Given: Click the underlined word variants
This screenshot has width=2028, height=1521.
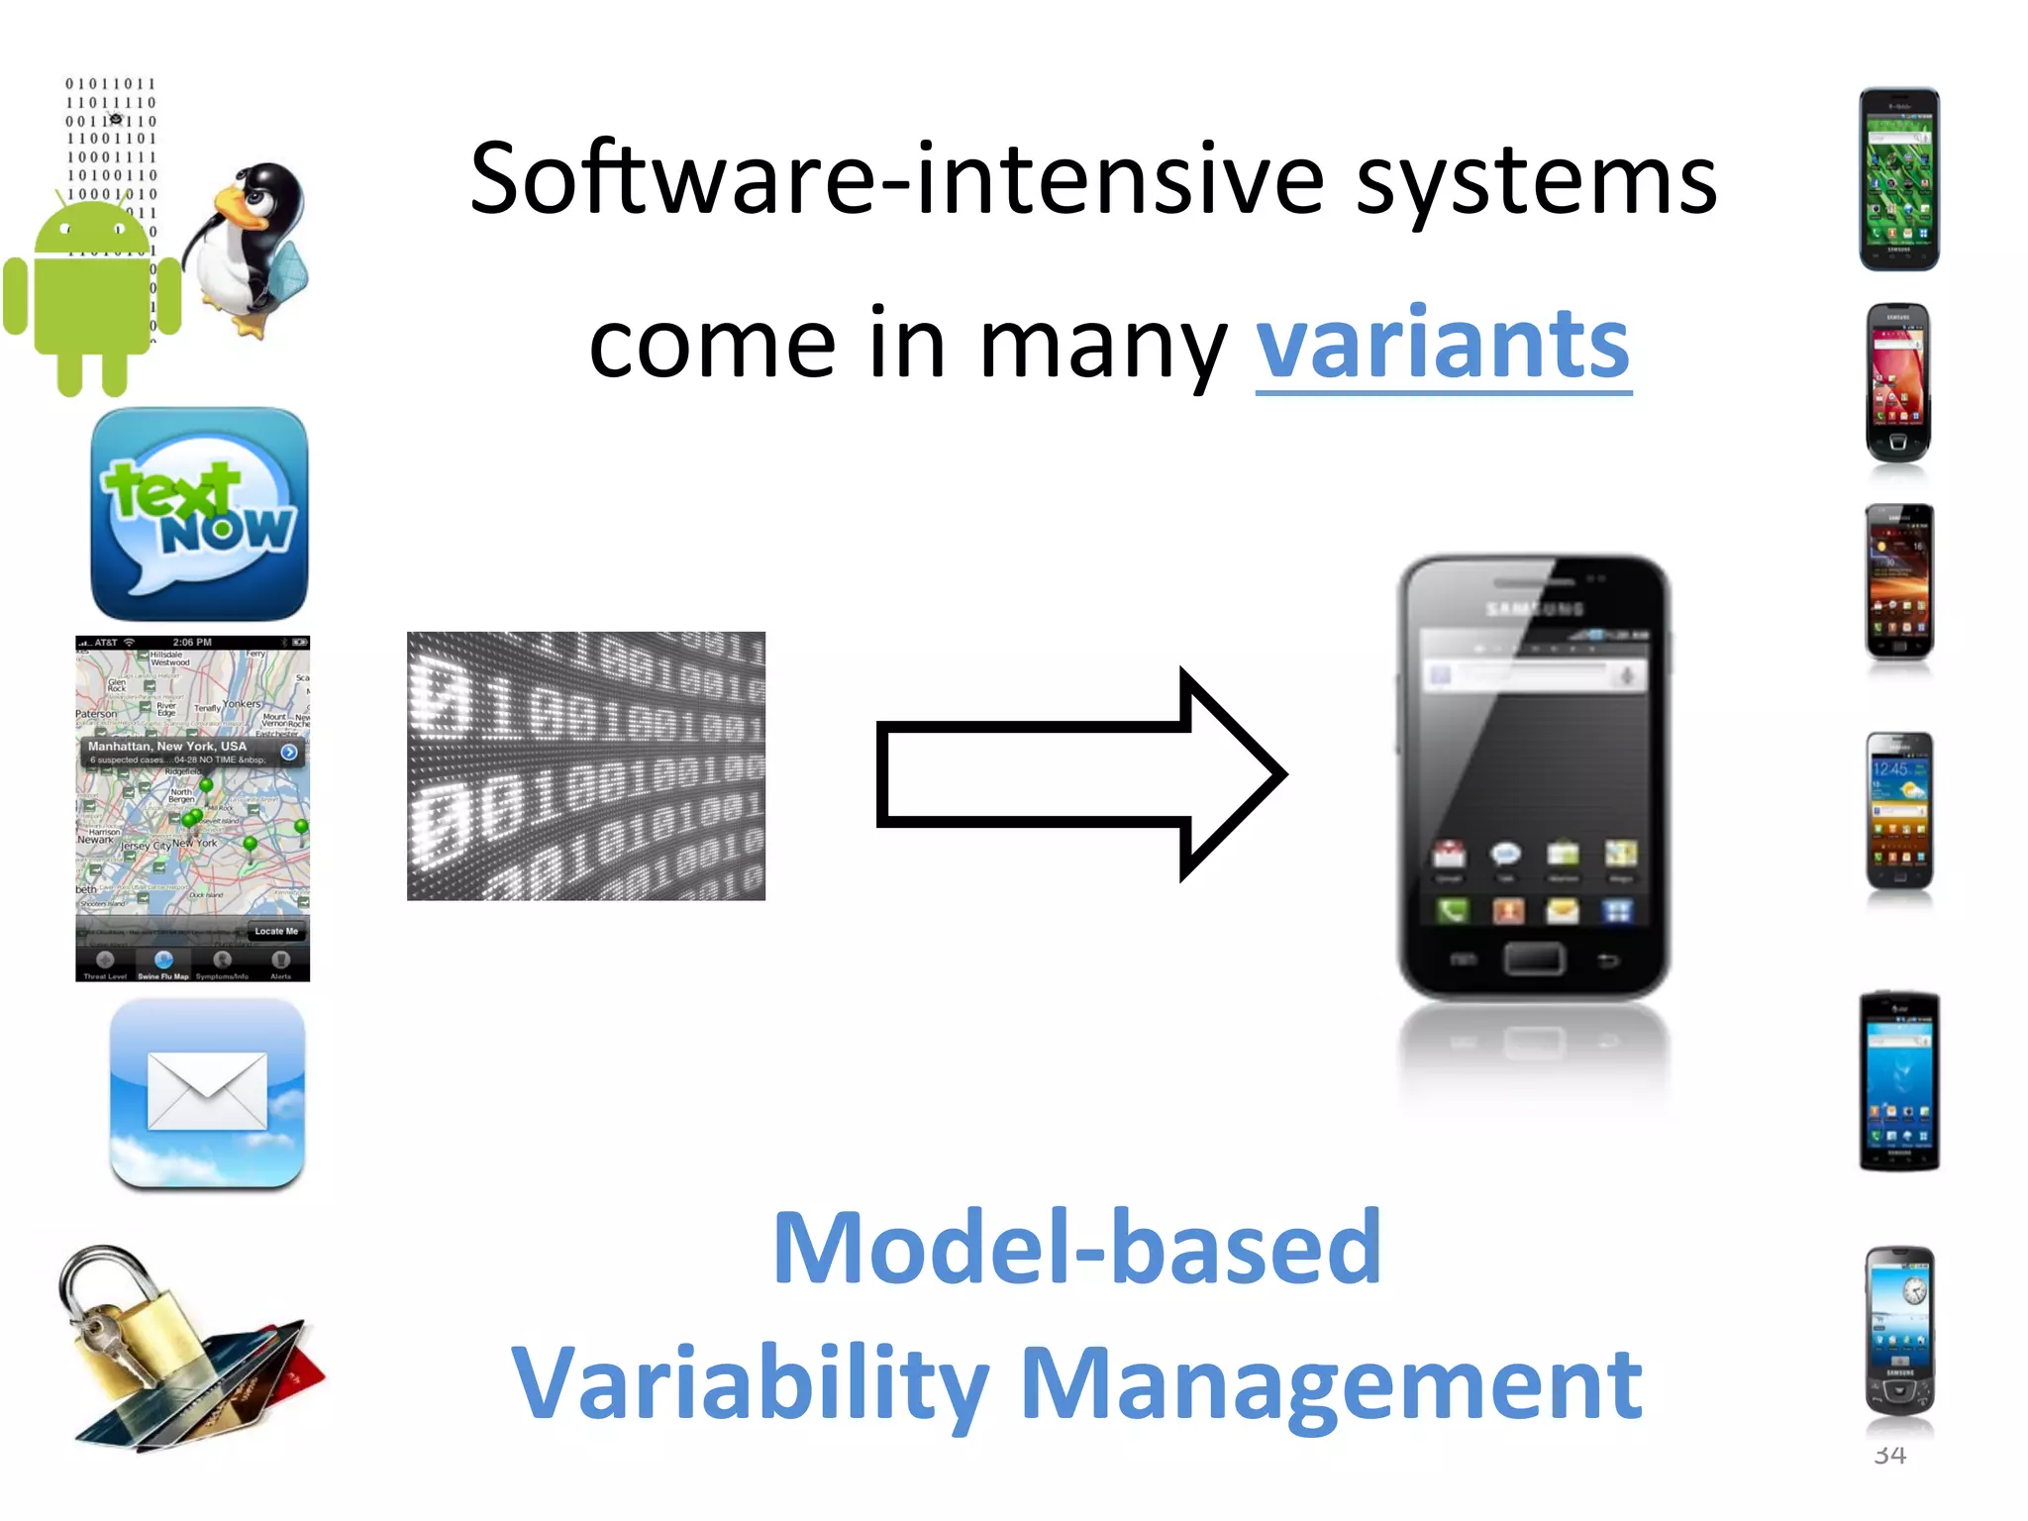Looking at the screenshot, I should click(1443, 344).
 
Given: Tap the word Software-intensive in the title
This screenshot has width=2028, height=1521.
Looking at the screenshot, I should click(896, 180).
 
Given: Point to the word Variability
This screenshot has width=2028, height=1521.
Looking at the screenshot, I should click(750, 1384).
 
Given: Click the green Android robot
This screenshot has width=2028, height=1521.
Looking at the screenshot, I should click(92, 297).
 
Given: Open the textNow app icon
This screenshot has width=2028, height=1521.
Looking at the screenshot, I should click(199, 514).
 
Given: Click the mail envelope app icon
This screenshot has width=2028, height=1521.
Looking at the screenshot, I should click(207, 1092).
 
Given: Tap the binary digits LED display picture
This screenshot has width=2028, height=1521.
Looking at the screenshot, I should click(585, 765).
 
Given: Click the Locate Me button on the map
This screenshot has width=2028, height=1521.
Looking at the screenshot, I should click(275, 931).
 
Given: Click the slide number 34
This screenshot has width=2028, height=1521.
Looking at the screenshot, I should click(1889, 1455).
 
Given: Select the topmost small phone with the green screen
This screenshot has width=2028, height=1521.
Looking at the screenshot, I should click(1898, 179).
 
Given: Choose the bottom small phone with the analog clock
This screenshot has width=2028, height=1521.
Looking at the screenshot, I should click(1898, 1332).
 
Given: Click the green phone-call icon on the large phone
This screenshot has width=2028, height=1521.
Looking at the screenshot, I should click(1453, 909).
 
